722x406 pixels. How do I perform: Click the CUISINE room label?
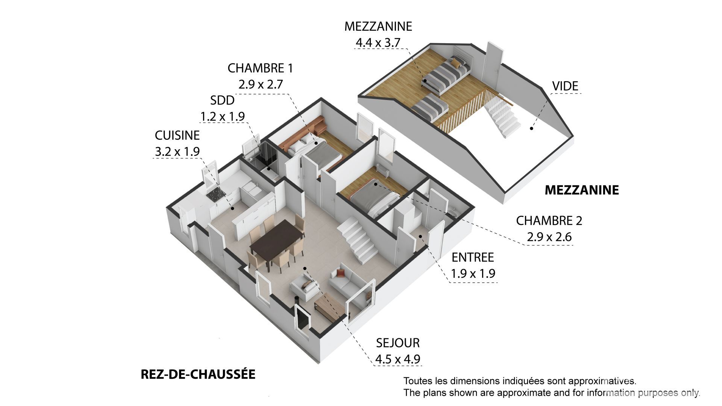[x=177, y=135]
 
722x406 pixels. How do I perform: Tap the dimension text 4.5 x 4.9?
[x=397, y=359]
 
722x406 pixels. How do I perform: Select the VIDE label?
[x=565, y=86]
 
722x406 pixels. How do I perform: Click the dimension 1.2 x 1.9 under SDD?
[x=222, y=117]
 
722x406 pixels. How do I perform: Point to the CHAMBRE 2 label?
[x=549, y=221]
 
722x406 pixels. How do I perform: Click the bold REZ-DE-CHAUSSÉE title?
[x=198, y=374]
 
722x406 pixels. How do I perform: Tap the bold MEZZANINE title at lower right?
[x=582, y=190]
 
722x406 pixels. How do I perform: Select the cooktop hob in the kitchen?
[x=216, y=195]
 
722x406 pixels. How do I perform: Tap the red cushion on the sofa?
[x=341, y=273]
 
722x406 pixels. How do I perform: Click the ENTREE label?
[x=473, y=258]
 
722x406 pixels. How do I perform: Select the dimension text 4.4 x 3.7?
[x=378, y=43]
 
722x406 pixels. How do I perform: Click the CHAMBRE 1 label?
[x=260, y=68]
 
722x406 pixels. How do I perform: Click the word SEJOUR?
[x=398, y=343]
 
